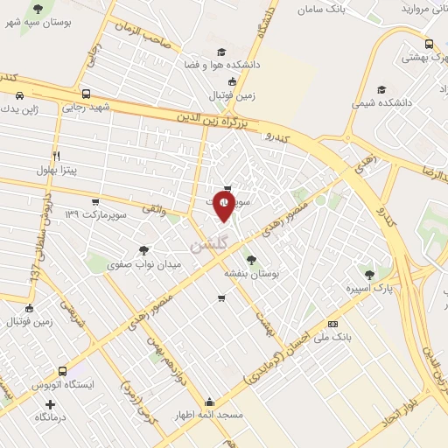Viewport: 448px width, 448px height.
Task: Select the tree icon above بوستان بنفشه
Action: [x=252, y=260]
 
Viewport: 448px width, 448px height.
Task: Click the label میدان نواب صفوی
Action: [x=143, y=263]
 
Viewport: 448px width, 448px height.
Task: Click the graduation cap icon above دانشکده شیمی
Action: [x=381, y=89]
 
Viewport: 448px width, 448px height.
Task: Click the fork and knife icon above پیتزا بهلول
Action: [x=56, y=155]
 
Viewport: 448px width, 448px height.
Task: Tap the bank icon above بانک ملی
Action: [x=332, y=323]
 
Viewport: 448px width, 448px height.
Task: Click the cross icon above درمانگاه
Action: [x=50, y=404]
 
